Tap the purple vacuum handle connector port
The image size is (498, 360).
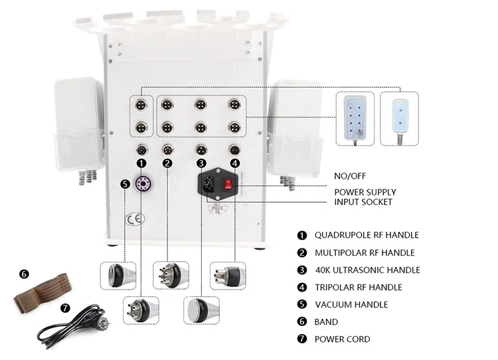pos(141,184)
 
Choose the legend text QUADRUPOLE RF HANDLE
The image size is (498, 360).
pos(367,234)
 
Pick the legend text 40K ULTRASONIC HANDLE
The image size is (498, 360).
pos(367,270)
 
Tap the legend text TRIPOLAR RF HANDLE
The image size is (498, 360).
pos(359,287)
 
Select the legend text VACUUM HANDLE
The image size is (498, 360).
pos(351,304)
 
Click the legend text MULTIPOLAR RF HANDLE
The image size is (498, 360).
pos(365,252)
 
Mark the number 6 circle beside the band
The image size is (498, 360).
pos(25,273)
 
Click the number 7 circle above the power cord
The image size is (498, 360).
pos(64,308)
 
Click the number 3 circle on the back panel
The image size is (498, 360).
pos(201,163)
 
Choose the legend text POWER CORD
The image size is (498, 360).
pos(343,339)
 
